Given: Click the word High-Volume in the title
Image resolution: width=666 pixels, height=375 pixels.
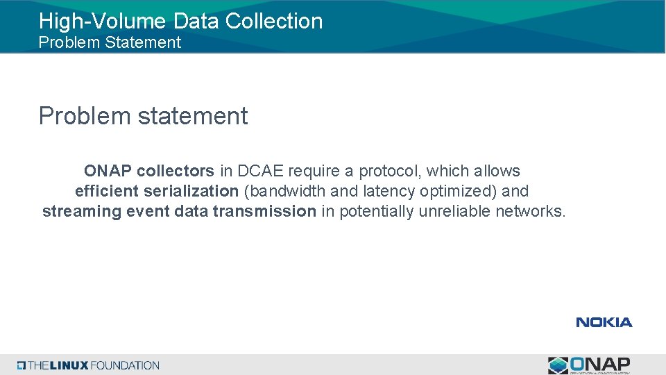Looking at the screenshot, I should click(93, 21).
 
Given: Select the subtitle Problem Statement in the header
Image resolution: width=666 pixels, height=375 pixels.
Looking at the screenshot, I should click(110, 42).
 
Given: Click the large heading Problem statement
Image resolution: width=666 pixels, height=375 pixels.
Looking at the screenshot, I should click(143, 115).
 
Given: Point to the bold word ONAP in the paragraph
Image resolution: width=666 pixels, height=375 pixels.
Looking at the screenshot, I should click(108, 171).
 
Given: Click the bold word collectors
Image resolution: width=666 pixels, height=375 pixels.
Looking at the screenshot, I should click(176, 171).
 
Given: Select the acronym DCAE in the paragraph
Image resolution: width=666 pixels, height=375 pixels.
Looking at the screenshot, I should click(261, 171).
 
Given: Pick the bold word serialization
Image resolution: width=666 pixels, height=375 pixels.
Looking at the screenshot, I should click(191, 191).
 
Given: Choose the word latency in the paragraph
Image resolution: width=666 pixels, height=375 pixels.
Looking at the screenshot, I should click(388, 191).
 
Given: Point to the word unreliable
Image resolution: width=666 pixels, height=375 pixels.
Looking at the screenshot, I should click(454, 211).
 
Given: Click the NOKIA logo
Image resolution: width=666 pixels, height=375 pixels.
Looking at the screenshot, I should click(604, 322).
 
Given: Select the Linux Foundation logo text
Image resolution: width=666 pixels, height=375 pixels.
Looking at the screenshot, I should click(94, 365).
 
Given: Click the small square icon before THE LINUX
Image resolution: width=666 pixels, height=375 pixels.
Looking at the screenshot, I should click(22, 365).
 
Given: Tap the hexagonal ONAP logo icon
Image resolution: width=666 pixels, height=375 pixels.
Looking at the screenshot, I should click(558, 365).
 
